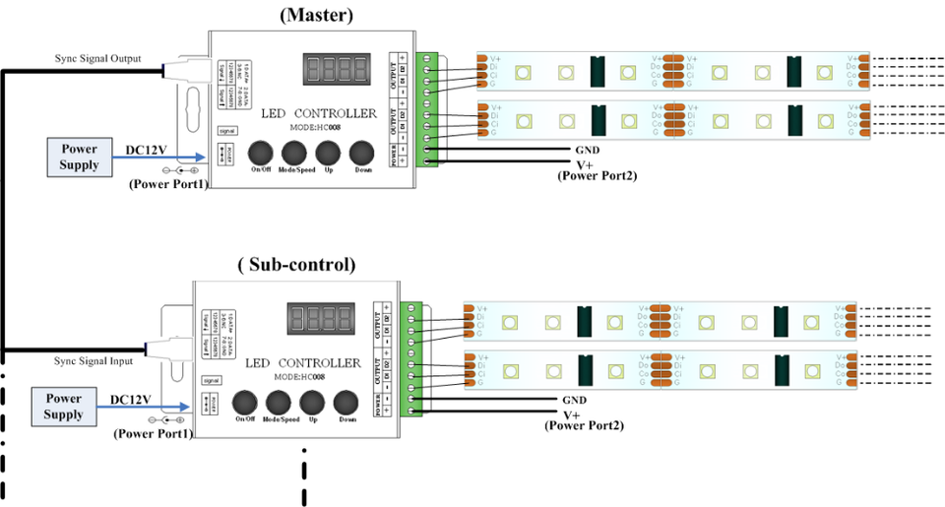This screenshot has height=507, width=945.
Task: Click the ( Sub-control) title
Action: (x=296, y=265)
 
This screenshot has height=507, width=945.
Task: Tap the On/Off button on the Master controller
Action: (x=260, y=153)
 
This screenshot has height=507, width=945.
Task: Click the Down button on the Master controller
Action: (x=362, y=153)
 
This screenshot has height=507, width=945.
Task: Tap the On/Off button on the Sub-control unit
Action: (x=246, y=402)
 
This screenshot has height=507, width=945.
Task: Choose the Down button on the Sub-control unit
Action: (x=347, y=402)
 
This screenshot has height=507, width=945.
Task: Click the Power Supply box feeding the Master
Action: (x=80, y=157)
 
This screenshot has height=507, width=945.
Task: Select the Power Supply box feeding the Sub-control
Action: (x=63, y=407)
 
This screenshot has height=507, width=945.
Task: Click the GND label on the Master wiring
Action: (x=587, y=152)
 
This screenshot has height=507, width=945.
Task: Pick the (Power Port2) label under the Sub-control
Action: (x=582, y=425)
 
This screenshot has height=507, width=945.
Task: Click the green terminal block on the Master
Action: (x=425, y=109)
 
